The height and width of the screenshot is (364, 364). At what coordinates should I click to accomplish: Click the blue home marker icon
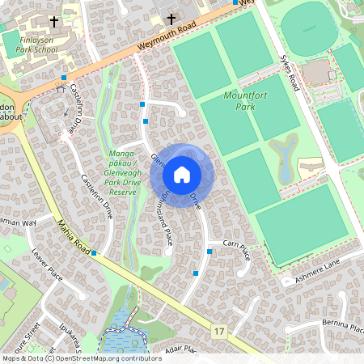(x=182, y=174)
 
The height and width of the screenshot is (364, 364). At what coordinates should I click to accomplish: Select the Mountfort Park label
(x=240, y=101)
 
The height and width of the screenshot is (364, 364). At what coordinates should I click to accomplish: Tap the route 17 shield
(x=219, y=332)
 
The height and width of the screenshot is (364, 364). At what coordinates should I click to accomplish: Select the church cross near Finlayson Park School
(x=54, y=22)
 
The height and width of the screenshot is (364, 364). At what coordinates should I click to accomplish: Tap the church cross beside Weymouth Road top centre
(x=171, y=19)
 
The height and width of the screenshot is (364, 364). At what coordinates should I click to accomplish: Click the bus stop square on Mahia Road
(x=94, y=253)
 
